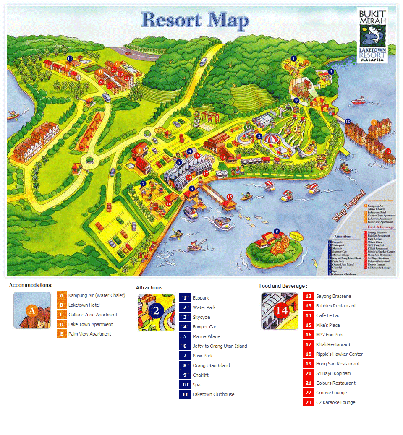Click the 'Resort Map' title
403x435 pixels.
pos(195,20)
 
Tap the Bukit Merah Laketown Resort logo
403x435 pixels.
pos(372,35)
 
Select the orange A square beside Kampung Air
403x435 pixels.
pos(61,295)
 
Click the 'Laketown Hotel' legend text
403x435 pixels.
pos(84,305)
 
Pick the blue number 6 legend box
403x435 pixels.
pos(185,346)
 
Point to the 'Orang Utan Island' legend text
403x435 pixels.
pos(211,365)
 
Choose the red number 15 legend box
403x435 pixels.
pos(308,325)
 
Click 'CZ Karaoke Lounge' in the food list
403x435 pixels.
pos(335,402)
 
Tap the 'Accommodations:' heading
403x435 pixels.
pos(31,285)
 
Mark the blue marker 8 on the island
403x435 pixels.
pos(276,231)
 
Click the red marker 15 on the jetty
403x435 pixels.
pos(230,197)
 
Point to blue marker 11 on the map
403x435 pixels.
pos(70,58)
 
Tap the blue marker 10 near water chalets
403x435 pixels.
pos(348,122)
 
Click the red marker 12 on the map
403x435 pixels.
pos(388,151)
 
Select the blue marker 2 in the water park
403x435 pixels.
pos(259,136)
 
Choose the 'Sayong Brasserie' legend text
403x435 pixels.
pos(333,296)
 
